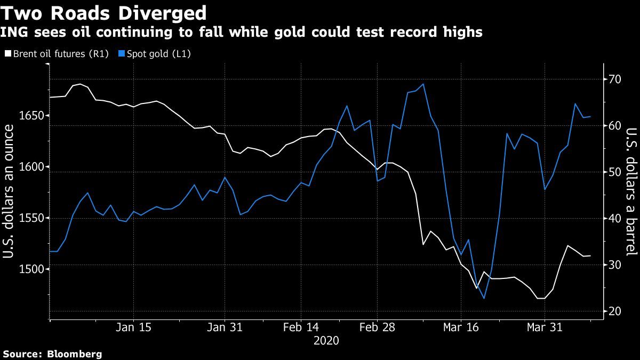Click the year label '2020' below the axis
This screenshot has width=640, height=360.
[326, 340]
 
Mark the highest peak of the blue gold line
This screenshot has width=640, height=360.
[423, 84]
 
